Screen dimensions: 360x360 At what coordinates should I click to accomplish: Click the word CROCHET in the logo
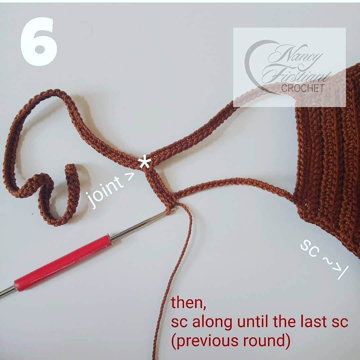click(x=302, y=88)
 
